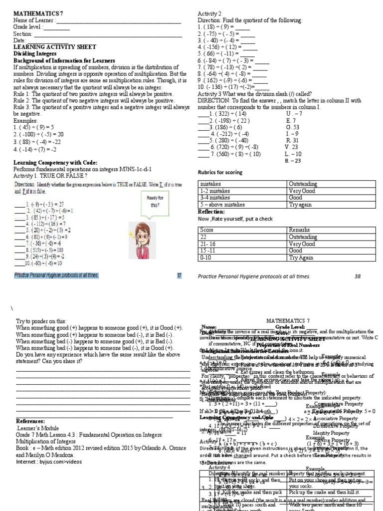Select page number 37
(x=179, y=275)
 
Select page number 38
(x=357, y=276)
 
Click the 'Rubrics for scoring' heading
(x=219, y=173)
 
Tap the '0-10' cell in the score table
(x=205, y=258)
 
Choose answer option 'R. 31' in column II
(x=292, y=140)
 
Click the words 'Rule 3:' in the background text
(x=24, y=107)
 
